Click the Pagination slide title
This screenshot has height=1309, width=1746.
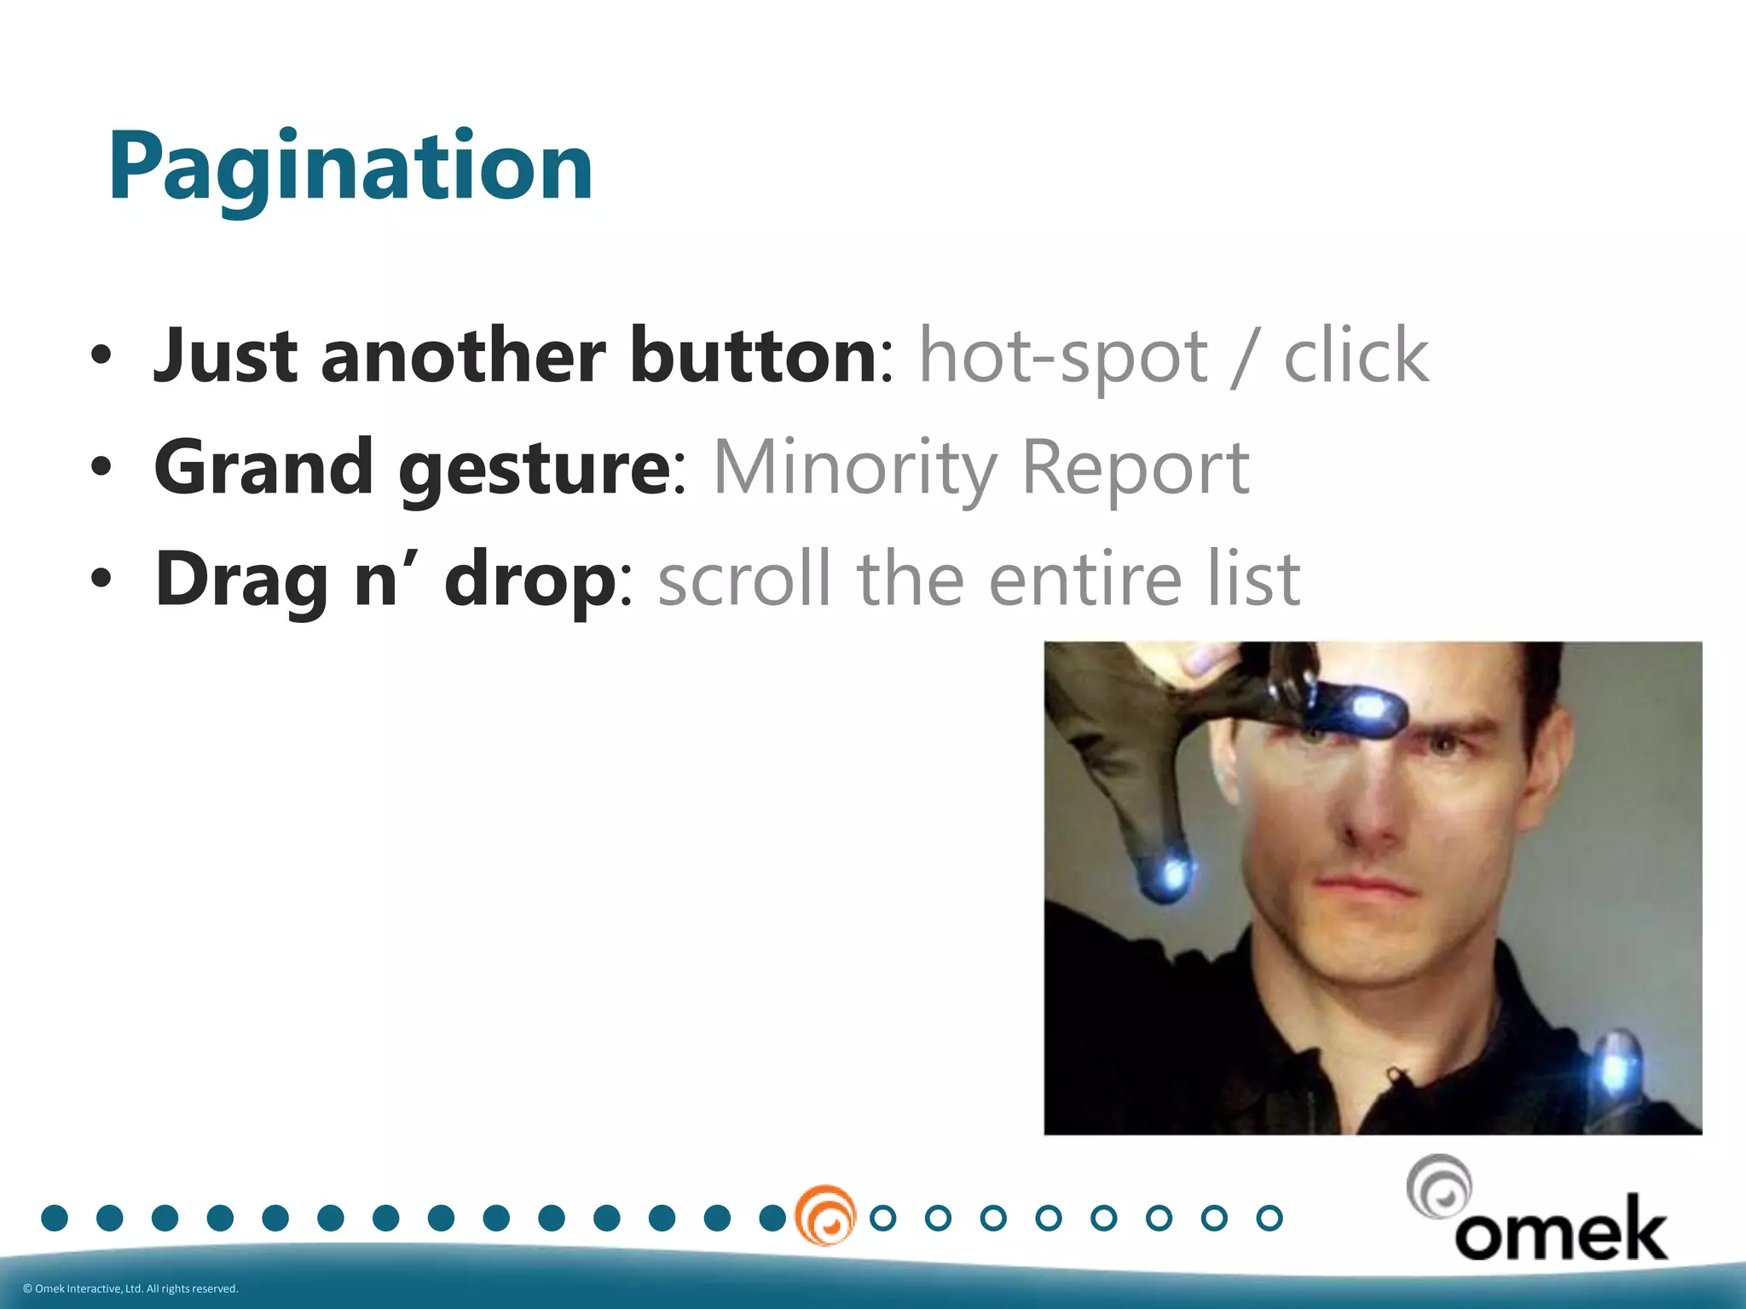(350, 166)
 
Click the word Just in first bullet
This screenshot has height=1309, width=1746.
(224, 356)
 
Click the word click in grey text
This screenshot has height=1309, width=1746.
(1356, 356)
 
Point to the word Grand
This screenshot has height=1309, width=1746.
(263, 467)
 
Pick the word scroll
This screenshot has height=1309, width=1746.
(743, 580)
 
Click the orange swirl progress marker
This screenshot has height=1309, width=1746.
(824, 1215)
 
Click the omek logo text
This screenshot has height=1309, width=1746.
(1560, 1230)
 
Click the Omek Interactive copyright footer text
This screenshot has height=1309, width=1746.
(130, 1289)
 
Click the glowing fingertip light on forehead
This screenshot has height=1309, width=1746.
(1369, 706)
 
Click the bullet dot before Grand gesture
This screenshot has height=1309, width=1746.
(101, 468)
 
